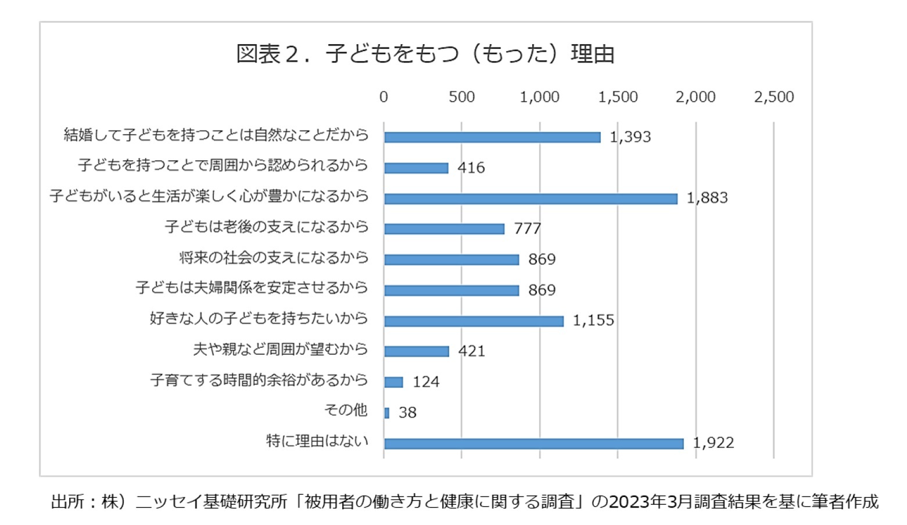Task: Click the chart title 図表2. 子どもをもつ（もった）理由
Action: [425, 54]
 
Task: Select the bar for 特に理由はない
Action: [533, 444]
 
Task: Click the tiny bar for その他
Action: [386, 413]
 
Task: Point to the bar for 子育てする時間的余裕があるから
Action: [393, 382]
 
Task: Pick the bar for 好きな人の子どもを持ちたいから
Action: [474, 321]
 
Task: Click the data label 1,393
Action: [630, 137]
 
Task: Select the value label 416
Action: [471, 168]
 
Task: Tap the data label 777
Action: [527, 229]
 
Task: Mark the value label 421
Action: [471, 351]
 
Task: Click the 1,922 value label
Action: [713, 443]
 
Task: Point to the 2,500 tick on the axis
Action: [773, 97]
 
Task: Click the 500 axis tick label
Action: [461, 97]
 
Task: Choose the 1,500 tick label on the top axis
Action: [618, 97]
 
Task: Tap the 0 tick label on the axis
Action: [383, 97]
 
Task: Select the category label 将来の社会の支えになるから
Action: [274, 257]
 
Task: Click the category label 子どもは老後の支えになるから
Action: [267, 226]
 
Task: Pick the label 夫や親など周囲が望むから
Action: [281, 349]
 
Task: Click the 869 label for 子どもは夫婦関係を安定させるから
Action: [542, 290]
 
